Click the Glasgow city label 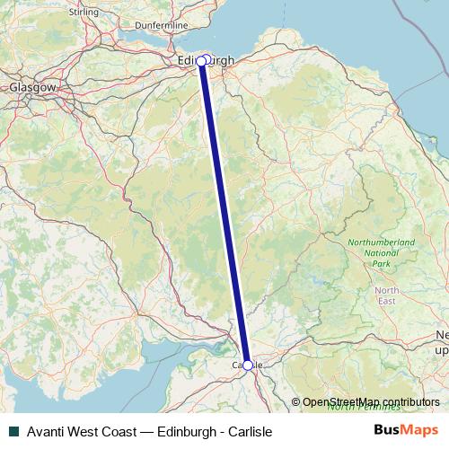(32, 87)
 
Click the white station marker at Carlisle (248, 365)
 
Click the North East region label (387, 295)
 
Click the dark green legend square (13, 431)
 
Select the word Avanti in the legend (48, 431)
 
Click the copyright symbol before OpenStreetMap (296, 402)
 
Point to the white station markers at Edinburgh (204, 60)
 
